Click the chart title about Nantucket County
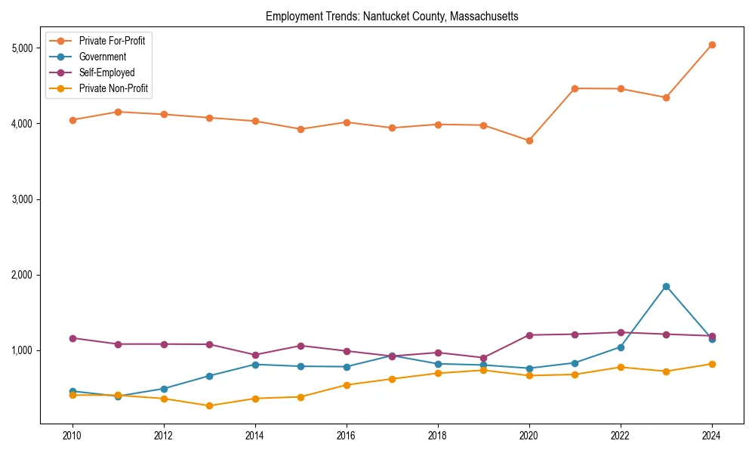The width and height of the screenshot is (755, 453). point(392,17)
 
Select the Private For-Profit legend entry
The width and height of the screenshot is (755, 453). point(112,41)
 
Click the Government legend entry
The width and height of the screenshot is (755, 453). point(102,57)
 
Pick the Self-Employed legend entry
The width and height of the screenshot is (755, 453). point(106,72)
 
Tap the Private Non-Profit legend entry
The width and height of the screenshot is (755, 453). point(113,88)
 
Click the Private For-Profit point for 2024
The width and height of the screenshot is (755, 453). point(712,45)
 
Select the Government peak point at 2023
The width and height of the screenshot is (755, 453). point(666,286)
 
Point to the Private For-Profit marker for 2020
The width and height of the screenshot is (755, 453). point(529,140)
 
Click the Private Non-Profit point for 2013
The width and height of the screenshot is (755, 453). point(209,405)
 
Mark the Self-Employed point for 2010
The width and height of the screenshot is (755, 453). point(72,338)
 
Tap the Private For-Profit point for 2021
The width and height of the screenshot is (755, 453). point(575,88)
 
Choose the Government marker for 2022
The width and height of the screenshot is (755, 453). point(621,347)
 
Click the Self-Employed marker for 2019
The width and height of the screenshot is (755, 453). point(483,358)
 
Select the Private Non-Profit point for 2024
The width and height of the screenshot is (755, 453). point(712,364)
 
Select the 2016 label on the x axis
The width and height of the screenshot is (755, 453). point(346,436)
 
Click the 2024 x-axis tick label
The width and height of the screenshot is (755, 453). point(712,436)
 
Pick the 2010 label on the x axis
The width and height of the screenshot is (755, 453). point(72,436)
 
